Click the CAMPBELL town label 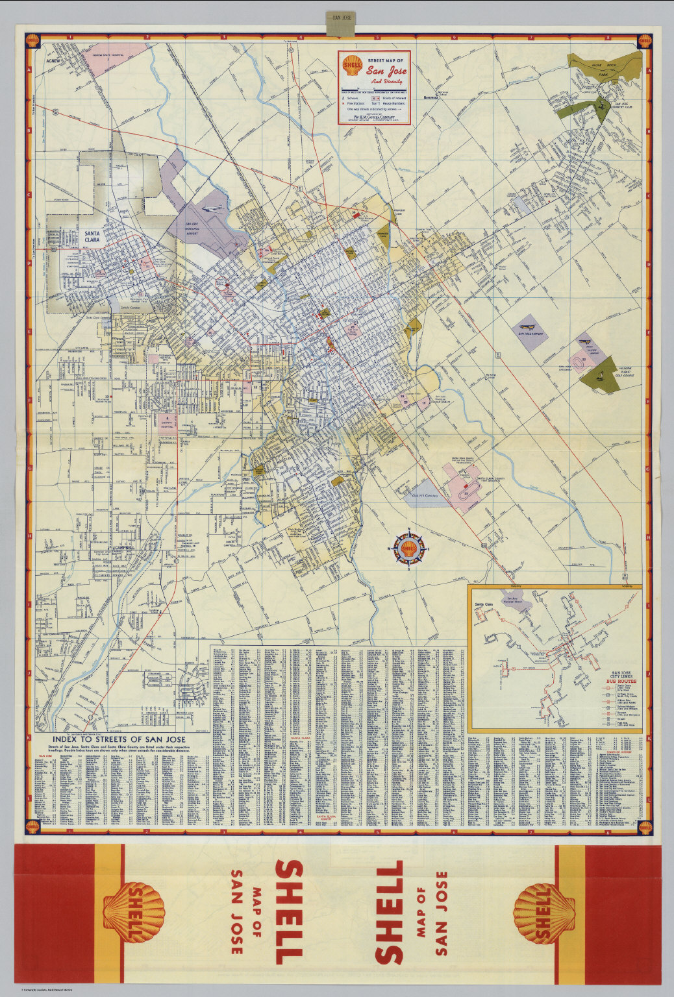(129, 548)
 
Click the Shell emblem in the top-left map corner (32, 40)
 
